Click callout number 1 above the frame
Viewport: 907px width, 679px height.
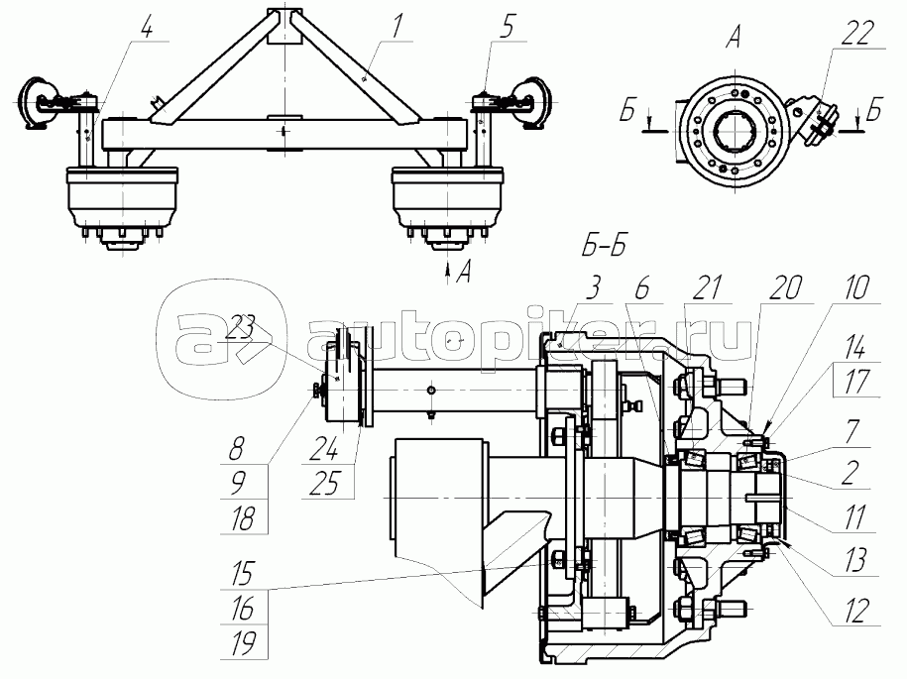click(x=397, y=27)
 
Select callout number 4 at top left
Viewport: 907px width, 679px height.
click(x=149, y=27)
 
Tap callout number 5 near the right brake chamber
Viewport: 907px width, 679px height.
click(x=507, y=27)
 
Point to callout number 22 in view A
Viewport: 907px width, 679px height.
click(x=857, y=33)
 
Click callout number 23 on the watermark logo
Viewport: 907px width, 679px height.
click(x=240, y=329)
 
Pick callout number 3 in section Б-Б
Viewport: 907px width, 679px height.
click(x=593, y=287)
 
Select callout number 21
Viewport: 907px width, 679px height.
click(x=707, y=287)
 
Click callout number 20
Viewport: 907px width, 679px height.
click(x=785, y=287)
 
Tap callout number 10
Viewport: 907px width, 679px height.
click(x=856, y=287)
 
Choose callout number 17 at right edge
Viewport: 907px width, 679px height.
click(x=856, y=382)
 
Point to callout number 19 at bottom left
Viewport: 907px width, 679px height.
click(x=243, y=643)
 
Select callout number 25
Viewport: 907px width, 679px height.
click(x=324, y=483)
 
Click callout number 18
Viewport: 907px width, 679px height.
click(x=243, y=517)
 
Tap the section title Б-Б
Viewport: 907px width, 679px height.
click(x=604, y=247)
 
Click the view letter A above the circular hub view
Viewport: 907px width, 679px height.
click(x=733, y=39)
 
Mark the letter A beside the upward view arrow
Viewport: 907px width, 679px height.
click(x=463, y=272)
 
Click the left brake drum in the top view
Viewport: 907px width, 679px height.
click(x=122, y=196)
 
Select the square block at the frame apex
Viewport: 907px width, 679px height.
click(x=285, y=26)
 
